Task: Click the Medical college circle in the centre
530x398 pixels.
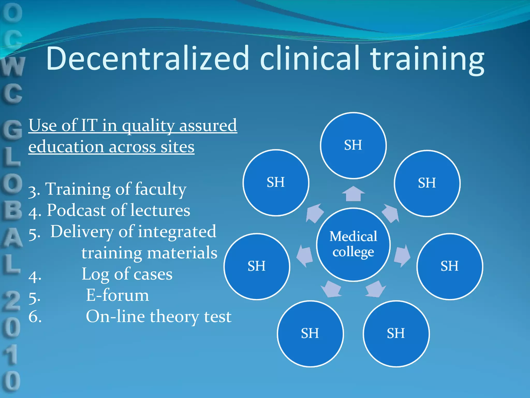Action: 353,244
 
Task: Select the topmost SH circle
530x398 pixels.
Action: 353,145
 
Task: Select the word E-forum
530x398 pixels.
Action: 117,295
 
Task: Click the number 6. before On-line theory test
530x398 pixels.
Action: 35,317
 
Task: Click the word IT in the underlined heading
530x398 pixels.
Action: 89,125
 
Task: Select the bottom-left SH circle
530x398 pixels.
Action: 310,333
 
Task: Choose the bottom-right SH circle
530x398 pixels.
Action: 396,333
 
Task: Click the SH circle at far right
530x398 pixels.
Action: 450,266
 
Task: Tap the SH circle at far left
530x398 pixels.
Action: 257,266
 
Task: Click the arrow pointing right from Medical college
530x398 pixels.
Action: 402,255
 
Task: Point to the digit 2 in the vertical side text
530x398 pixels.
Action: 12,301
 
